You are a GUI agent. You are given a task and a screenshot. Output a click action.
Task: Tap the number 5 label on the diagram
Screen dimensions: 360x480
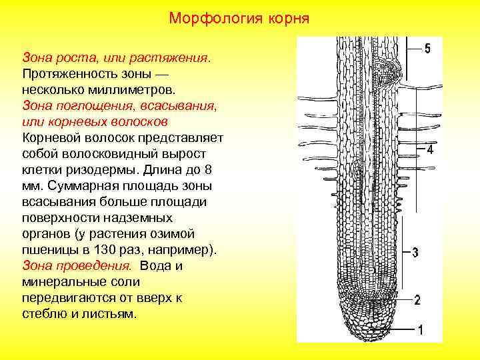(427, 49)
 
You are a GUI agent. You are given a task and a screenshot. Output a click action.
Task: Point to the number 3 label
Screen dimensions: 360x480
(415, 253)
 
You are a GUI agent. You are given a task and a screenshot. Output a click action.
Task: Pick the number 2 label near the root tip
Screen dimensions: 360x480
(417, 300)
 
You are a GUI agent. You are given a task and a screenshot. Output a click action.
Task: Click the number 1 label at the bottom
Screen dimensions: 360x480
(420, 329)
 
